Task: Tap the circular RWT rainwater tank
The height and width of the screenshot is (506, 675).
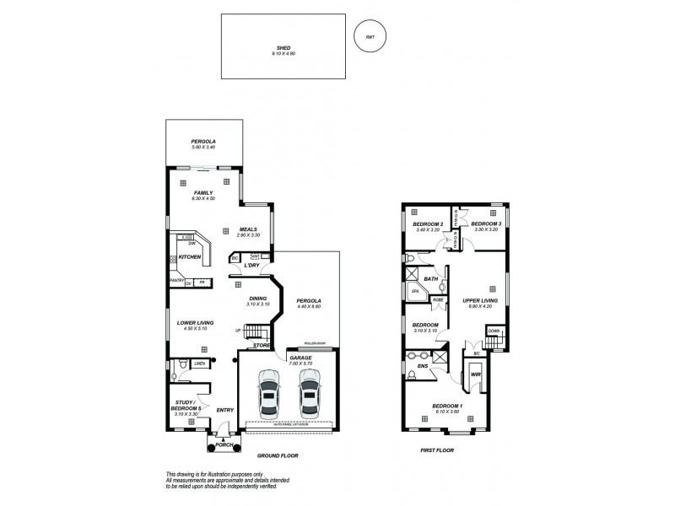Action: click(370, 37)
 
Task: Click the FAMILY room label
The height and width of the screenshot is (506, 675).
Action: click(202, 192)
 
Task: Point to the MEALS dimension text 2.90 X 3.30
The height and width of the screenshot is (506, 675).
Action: click(247, 234)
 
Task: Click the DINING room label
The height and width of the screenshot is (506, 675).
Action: click(256, 298)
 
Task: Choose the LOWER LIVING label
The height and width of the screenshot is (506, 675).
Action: click(195, 322)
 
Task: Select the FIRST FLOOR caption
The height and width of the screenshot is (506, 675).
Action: click(437, 450)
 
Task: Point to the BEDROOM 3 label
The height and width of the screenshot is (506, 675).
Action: click(485, 223)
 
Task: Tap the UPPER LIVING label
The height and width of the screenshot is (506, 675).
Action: click(478, 299)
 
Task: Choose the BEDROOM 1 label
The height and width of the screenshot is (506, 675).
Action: click(445, 406)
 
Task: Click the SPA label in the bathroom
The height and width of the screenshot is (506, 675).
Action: click(414, 291)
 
